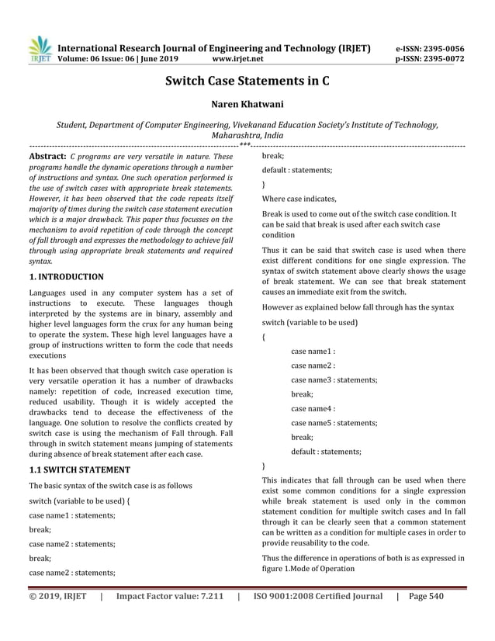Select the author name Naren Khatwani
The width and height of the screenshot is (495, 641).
[247, 105]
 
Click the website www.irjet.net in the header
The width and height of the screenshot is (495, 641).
[237, 58]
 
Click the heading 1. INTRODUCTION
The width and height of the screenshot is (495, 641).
[66, 275]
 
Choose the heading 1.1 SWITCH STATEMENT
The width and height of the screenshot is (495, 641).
[79, 469]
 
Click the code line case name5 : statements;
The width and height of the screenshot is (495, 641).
[334, 422]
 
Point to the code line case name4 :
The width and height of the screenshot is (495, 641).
[313, 408]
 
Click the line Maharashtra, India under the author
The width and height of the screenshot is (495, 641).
[247, 134]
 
